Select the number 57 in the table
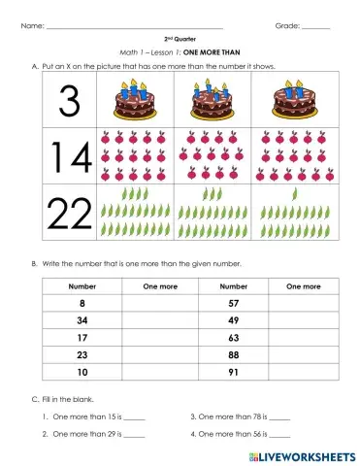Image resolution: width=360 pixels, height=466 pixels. (x=232, y=304)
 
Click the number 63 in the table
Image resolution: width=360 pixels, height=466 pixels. (x=232, y=338)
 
